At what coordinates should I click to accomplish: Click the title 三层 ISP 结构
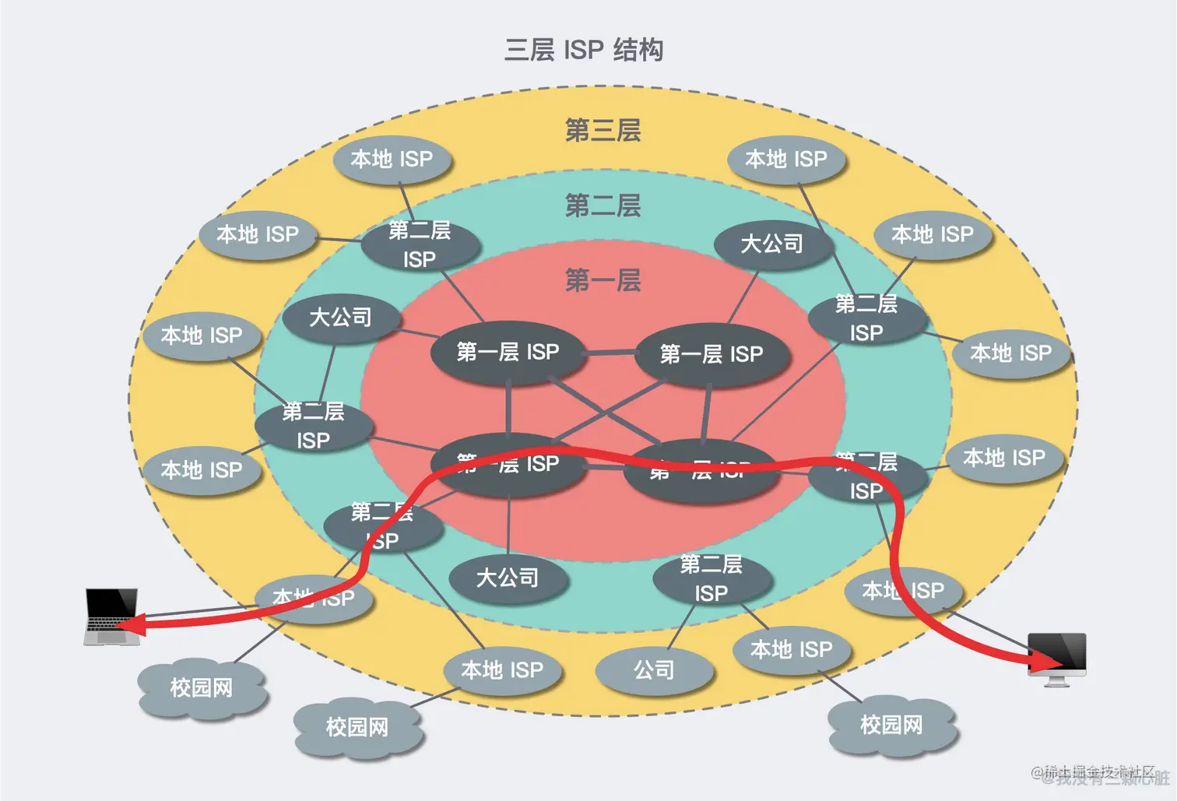click(x=584, y=50)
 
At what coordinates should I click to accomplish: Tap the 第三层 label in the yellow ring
click(x=603, y=130)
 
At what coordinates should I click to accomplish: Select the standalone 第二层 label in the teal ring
click(x=603, y=206)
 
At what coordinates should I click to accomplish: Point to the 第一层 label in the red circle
click(x=603, y=279)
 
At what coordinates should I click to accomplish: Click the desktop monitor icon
click(x=1056, y=657)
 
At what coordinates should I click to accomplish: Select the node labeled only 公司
click(x=654, y=669)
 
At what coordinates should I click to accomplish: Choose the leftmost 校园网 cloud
click(x=202, y=688)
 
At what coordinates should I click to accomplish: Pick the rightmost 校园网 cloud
click(x=891, y=725)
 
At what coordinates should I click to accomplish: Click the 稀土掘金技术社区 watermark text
click(x=1099, y=771)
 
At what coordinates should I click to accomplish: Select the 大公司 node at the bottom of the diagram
click(x=508, y=578)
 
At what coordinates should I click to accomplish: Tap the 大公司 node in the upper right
click(x=772, y=244)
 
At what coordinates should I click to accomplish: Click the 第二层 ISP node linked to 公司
click(x=711, y=578)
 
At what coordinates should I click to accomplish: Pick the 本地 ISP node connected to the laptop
click(x=314, y=598)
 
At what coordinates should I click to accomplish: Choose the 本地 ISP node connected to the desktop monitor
click(x=903, y=591)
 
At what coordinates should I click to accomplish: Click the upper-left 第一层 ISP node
click(x=508, y=352)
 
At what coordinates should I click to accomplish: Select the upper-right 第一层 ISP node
click(x=711, y=354)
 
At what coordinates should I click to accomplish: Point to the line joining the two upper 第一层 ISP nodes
click(x=610, y=353)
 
